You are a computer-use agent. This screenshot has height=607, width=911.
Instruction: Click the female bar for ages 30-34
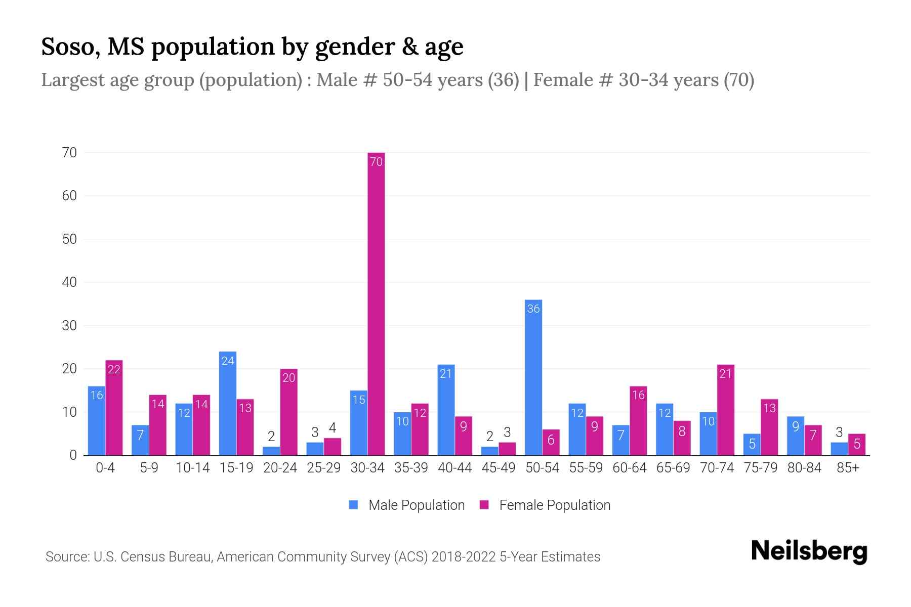pyautogui.click(x=376, y=303)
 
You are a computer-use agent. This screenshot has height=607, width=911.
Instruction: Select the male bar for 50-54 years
pyautogui.click(x=533, y=377)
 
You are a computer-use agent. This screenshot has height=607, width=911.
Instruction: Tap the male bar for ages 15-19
pyautogui.click(x=227, y=404)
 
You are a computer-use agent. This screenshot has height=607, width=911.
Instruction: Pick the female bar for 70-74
pyautogui.click(x=725, y=410)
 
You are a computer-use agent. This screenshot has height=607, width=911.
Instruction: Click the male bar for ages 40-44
pyautogui.click(x=446, y=410)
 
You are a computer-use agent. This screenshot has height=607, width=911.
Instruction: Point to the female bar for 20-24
pyautogui.click(x=288, y=412)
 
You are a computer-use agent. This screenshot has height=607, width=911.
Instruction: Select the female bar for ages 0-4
pyautogui.click(x=114, y=408)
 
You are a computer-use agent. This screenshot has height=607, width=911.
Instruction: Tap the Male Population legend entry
pyautogui.click(x=407, y=505)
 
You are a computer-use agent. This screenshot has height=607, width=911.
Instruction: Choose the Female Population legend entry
pyautogui.click(x=545, y=505)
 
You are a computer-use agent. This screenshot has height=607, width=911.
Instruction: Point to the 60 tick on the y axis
pyautogui.click(x=69, y=196)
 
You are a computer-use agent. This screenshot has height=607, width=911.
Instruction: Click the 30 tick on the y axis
pyautogui.click(x=69, y=326)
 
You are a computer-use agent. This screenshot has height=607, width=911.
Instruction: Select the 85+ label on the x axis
pyautogui.click(x=848, y=468)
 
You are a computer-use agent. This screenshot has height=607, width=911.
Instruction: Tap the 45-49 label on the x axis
pyautogui.click(x=499, y=468)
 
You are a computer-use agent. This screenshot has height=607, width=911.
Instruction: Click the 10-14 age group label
pyautogui.click(x=192, y=468)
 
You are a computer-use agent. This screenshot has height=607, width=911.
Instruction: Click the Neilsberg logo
pyautogui.click(x=809, y=551)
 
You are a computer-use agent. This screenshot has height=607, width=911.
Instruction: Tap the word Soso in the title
pyautogui.click(x=70, y=47)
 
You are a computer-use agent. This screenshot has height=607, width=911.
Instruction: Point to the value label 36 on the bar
pyautogui.click(x=533, y=309)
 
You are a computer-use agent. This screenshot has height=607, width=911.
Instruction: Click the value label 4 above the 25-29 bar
pyautogui.click(x=333, y=428)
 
